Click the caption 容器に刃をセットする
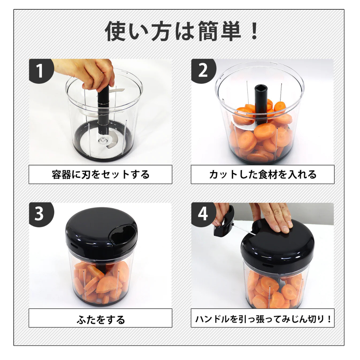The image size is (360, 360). [x=100, y=174]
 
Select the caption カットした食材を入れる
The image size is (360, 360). [x=262, y=174]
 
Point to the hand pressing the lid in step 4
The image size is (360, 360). [x=277, y=218]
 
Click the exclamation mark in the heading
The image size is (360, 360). [x=254, y=32]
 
